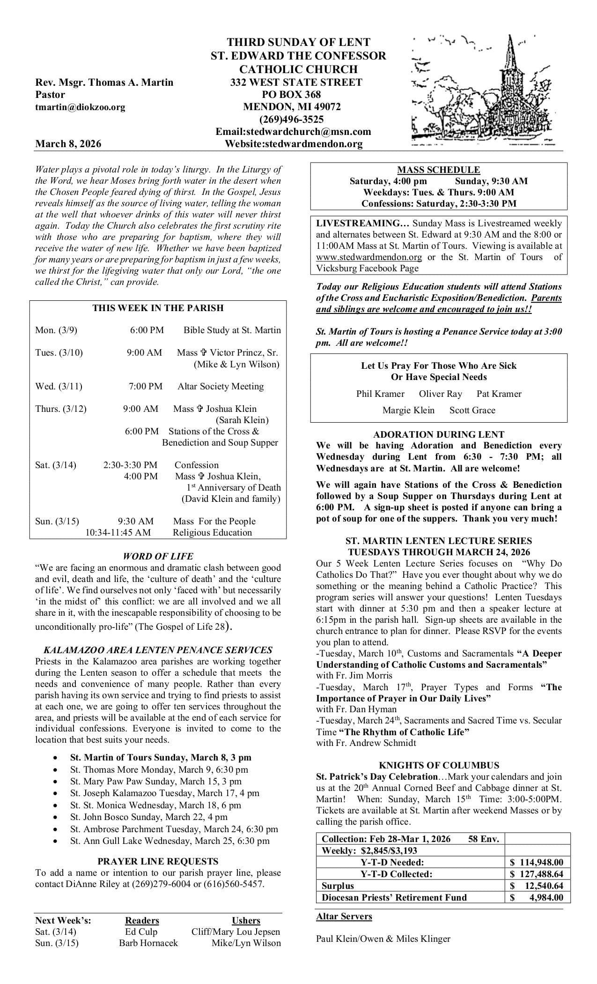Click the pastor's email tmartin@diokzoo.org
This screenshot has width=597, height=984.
point(80,107)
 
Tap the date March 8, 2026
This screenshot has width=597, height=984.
point(68,144)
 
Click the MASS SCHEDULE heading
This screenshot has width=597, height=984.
point(438,170)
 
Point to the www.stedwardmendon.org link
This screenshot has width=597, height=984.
point(369,257)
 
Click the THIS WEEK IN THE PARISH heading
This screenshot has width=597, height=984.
point(158,308)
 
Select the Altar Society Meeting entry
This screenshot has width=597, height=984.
point(221,386)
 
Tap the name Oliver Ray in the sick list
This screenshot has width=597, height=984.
point(440,394)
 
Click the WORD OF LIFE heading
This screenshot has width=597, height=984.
point(158,556)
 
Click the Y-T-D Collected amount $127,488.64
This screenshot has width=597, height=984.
point(537,874)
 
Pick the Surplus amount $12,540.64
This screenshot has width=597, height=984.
point(537,886)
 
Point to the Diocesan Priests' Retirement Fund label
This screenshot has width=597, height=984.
point(394,897)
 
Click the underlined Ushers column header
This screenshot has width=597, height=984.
point(246,921)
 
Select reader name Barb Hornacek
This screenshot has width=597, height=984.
point(148,943)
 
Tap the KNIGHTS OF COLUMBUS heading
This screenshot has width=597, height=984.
point(439,766)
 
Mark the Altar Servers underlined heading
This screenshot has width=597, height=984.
point(344,917)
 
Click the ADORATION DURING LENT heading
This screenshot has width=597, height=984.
point(439,434)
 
